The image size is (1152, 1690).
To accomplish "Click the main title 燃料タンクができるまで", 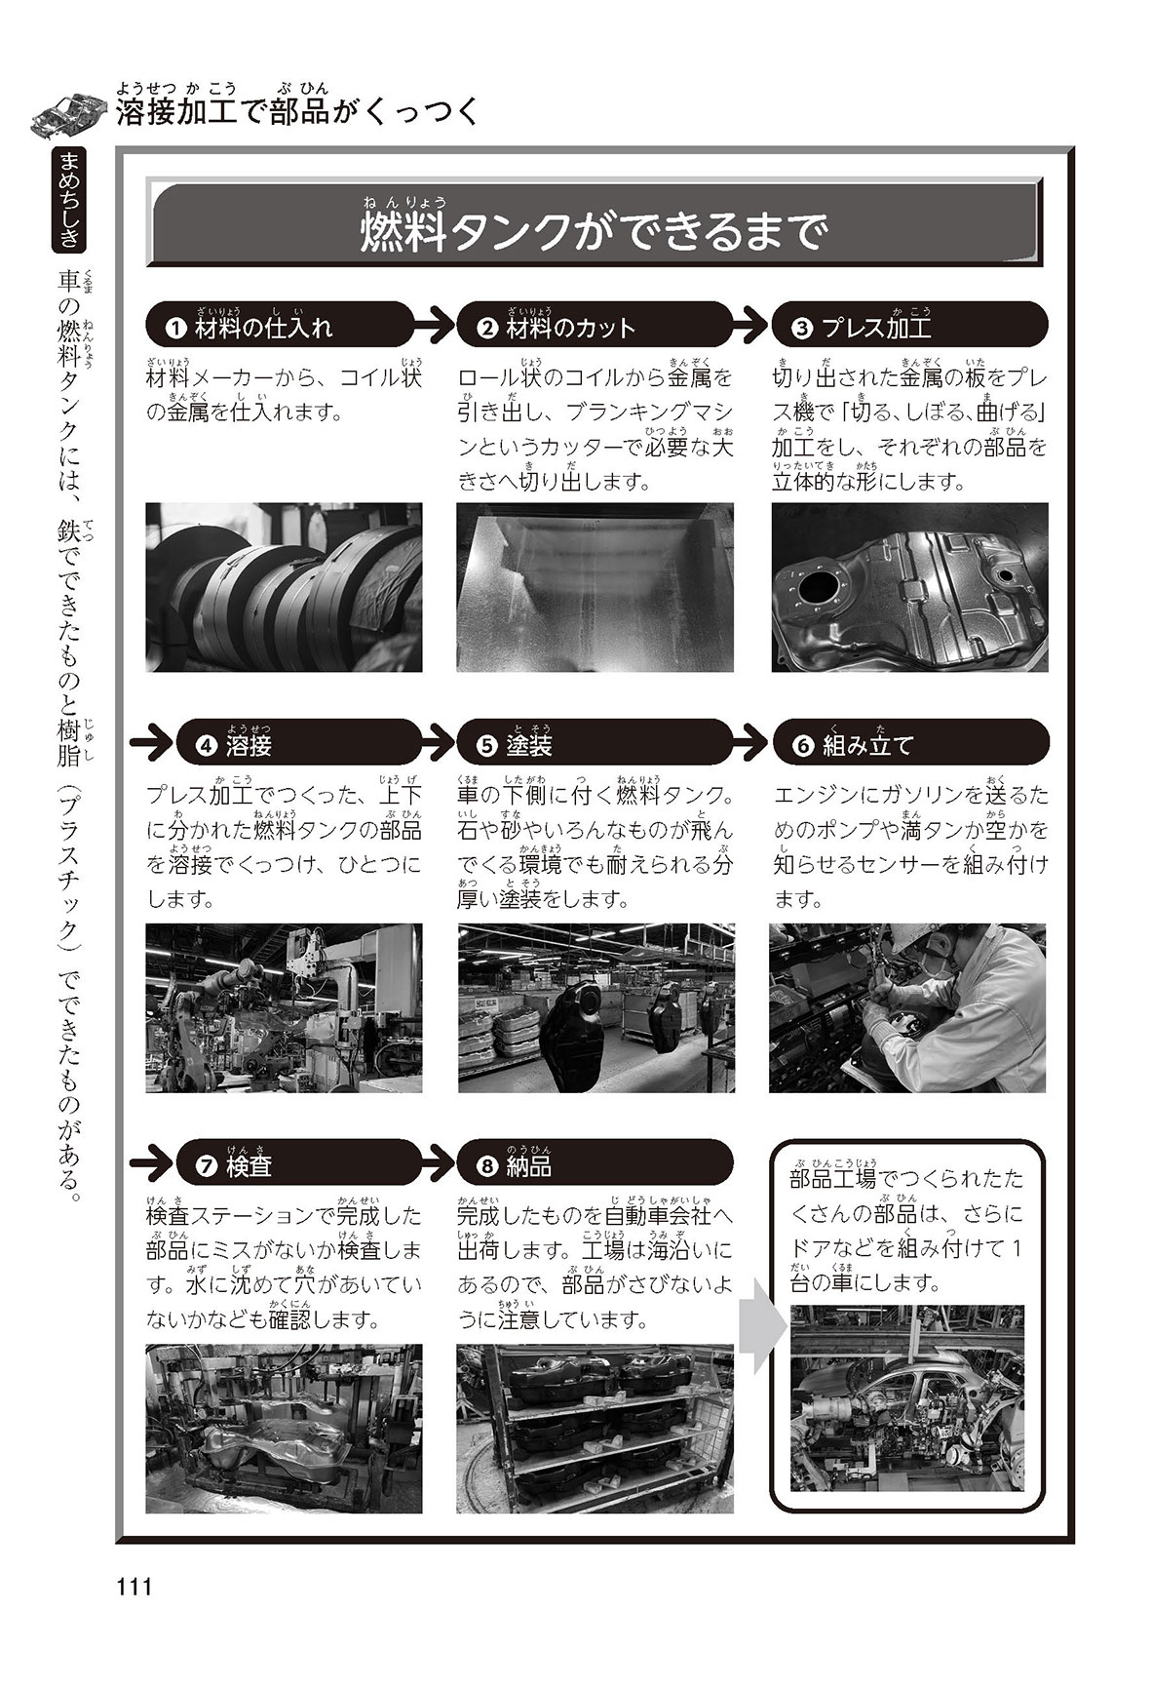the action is pos(590,231).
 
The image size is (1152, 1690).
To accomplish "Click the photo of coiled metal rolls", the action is pos(284,587).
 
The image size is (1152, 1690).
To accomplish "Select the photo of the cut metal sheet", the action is pos(595,587).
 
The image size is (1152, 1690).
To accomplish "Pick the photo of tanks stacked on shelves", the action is pos(595,1429).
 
